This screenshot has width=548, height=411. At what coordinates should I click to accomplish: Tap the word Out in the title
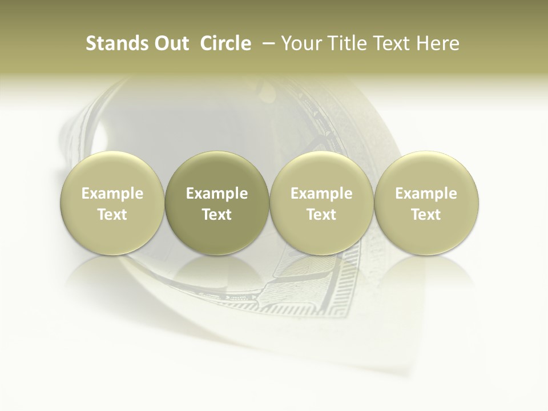(166, 43)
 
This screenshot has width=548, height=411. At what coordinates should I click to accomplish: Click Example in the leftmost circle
(112, 194)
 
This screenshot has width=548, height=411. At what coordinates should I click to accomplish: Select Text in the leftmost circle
(112, 215)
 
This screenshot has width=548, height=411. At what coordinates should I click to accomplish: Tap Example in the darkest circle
(217, 194)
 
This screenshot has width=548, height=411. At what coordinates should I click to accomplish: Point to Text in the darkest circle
(217, 215)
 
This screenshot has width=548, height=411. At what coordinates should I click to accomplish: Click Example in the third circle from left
(321, 194)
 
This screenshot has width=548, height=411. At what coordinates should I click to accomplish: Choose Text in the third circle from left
(321, 215)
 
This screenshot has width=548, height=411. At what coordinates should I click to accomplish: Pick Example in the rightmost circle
(426, 194)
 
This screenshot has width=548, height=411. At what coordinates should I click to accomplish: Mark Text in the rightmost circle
(426, 215)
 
